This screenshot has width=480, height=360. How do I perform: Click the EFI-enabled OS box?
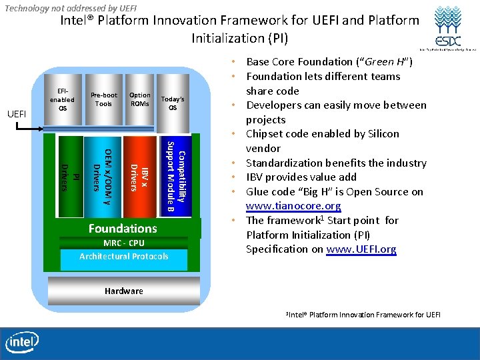[x=62, y=100]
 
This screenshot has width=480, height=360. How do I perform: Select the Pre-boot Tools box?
[x=103, y=100]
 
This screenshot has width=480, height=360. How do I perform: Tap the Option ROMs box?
[x=140, y=100]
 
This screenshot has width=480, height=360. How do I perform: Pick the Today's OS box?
[x=173, y=103]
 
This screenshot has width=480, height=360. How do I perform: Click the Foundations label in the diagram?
[x=123, y=229]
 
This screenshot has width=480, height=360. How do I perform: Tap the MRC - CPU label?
[x=123, y=243]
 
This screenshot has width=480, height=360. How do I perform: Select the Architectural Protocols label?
[x=123, y=257]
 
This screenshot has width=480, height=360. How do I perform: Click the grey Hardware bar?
[x=124, y=291]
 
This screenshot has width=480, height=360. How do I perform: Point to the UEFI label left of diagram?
[x=16, y=114]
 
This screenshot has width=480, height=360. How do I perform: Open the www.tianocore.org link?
[x=293, y=206]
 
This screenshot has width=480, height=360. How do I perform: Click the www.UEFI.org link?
[x=361, y=249]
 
